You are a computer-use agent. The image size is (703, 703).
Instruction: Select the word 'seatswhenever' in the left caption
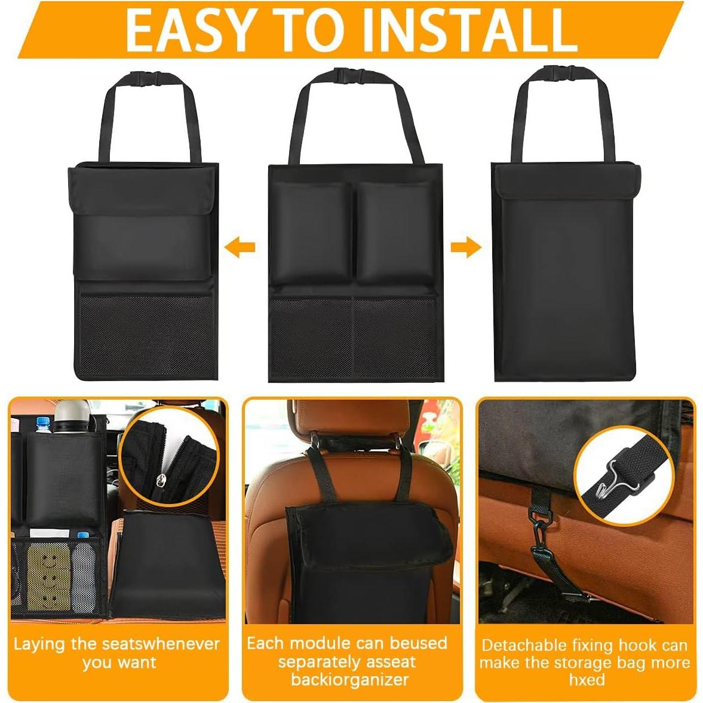(161, 644)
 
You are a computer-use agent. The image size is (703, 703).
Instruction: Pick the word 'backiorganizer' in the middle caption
(350, 680)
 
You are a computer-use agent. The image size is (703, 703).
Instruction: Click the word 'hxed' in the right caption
(587, 680)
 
